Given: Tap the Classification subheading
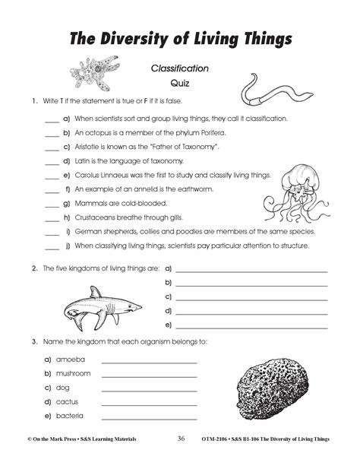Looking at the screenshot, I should [179, 68].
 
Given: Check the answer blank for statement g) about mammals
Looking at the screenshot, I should [52, 204].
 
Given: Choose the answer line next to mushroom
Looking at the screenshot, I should [149, 375].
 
